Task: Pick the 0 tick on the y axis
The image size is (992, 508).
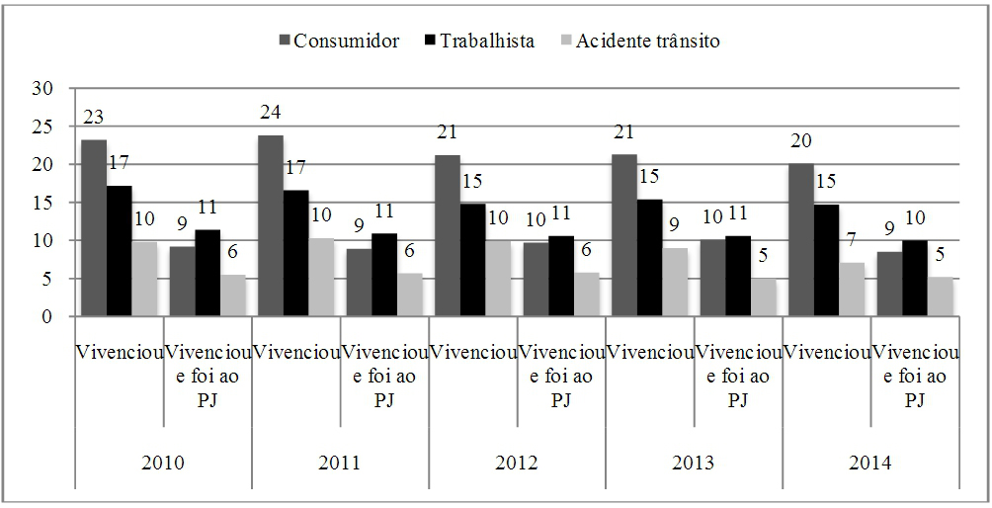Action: tap(45, 317)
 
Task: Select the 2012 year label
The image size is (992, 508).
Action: tap(517, 463)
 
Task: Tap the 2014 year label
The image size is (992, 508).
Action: tap(870, 463)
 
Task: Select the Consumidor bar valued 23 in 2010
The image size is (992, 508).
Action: tap(94, 228)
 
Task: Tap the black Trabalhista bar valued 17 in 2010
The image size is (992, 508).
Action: tap(119, 251)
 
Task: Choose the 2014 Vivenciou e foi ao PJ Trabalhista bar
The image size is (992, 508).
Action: tap(914, 278)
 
